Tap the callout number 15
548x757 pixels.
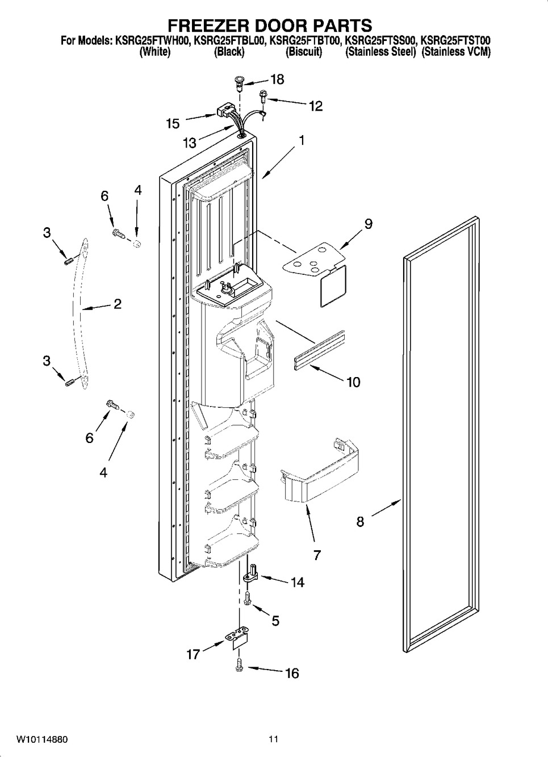pos(173,123)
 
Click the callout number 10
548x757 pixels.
pos(353,382)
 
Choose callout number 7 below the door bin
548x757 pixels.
pos(317,555)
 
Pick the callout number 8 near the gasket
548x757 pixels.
pos(360,521)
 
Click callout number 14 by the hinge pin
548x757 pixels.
pos(297,582)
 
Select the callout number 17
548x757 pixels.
pos(193,654)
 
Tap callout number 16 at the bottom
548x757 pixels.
pos(291,674)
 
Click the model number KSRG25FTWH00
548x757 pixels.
pos(155,41)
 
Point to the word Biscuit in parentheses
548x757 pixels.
pos(304,52)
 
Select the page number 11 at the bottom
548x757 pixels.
pos(274,739)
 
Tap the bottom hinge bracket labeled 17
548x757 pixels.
pos(239,638)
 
